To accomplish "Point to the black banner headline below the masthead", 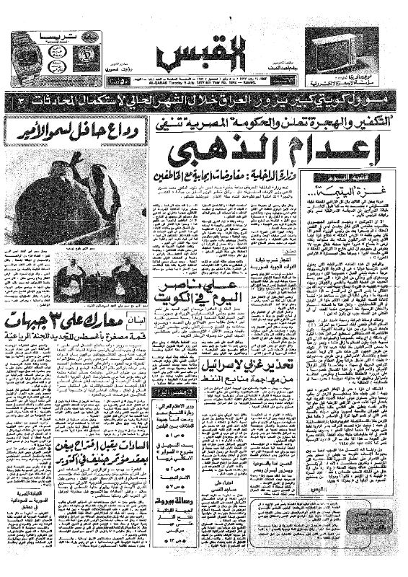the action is pyautogui.click(x=203, y=96).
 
